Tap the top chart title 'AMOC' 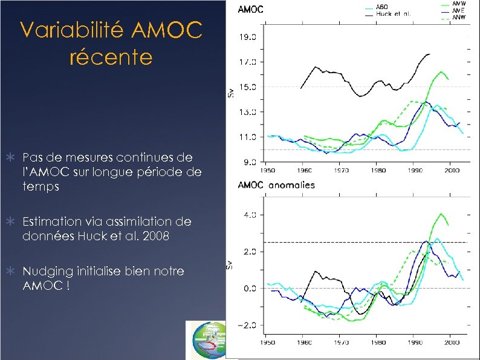click(x=251, y=9)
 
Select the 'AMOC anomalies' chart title click(x=277, y=185)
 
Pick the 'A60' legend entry click(x=383, y=7)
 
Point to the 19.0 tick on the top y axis click(x=249, y=36)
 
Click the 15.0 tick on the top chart click(x=249, y=87)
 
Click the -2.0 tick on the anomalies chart click(x=249, y=326)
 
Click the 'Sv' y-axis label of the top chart click(x=230, y=93)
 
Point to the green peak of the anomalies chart click(x=441, y=214)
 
